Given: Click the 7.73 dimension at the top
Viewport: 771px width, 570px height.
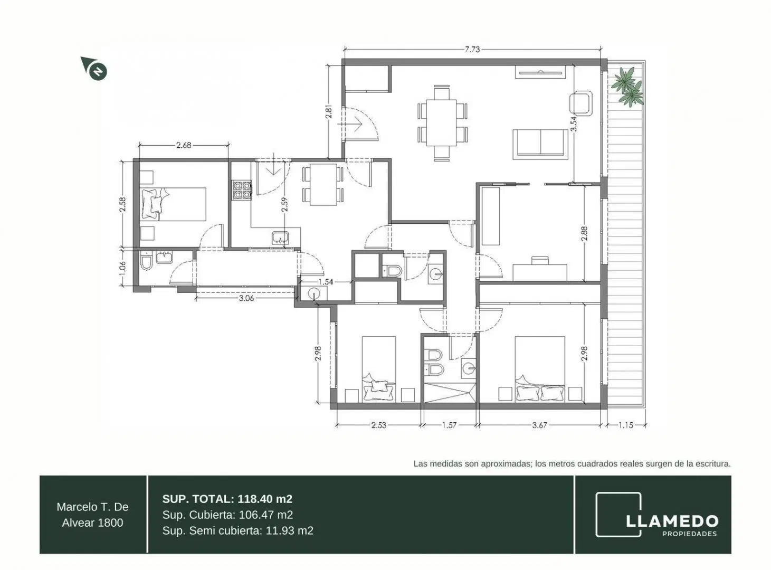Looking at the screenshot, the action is coord(472,50).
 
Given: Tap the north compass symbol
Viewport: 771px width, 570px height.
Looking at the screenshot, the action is coord(94,69).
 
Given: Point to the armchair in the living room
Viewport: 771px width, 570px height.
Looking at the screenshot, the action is coord(581,102).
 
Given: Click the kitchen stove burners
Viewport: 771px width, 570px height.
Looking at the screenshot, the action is coord(242,190).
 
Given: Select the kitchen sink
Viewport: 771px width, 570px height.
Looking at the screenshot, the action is coord(280,237).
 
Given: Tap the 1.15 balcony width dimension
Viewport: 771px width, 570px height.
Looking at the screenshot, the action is coord(626,425).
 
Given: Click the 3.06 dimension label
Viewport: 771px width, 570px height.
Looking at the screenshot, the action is coord(246,298).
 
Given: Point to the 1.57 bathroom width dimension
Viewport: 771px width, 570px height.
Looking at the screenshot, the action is coord(449,425).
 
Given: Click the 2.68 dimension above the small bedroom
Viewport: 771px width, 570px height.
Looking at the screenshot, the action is coord(184,145).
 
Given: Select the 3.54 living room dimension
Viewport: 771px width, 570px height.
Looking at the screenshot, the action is coord(574,123).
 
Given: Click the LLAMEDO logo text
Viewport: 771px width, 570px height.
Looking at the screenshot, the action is coord(672,521).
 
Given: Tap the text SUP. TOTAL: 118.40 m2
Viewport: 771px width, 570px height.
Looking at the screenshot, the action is coord(227,499).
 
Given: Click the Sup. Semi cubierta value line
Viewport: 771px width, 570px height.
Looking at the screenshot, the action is coord(238,531).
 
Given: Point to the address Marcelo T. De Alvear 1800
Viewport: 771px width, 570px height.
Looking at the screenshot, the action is coord(92,515).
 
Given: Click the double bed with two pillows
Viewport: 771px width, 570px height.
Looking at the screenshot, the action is coord(540,369).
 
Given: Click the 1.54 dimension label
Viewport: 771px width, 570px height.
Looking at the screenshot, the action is coord(326,282).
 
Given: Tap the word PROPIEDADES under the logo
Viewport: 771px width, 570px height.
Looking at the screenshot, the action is coord(690,534).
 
